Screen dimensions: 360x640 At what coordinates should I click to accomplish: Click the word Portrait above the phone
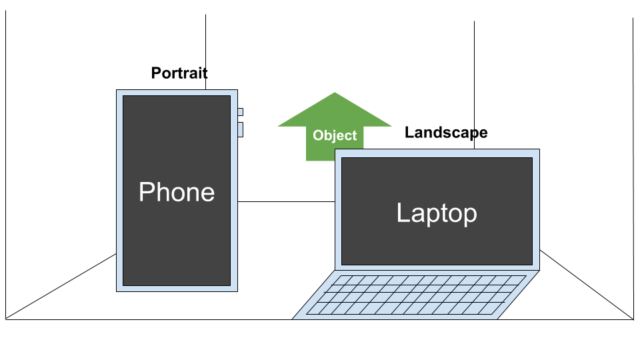point(179,73)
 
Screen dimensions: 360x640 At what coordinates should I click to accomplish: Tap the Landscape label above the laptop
point(446,133)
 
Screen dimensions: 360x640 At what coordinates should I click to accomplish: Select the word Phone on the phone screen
point(177,192)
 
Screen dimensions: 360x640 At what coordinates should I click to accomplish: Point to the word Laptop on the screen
point(437,213)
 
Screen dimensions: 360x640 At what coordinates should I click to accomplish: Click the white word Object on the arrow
point(335,136)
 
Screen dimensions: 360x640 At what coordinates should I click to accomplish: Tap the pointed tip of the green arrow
point(335,94)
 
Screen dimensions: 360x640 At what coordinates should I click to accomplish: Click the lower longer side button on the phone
point(240,129)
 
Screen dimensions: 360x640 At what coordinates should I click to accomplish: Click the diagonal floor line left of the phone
point(60,286)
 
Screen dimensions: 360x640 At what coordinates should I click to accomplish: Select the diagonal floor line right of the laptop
point(587,285)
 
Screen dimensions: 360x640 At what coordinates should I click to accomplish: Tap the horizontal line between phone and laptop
point(287,201)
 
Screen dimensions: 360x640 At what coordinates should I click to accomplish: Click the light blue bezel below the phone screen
point(177,287)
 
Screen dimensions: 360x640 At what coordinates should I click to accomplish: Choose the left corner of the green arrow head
point(279,125)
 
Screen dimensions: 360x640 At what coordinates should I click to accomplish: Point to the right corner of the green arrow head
point(391,125)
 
